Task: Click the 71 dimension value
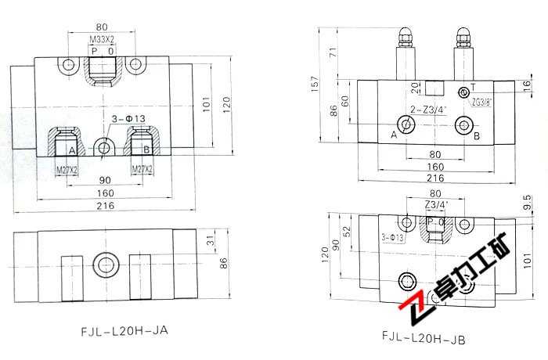332,52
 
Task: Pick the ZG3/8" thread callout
481,101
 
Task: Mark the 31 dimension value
208,239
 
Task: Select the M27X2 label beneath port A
66,168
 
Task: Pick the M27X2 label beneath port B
142,168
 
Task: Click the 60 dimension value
346,101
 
